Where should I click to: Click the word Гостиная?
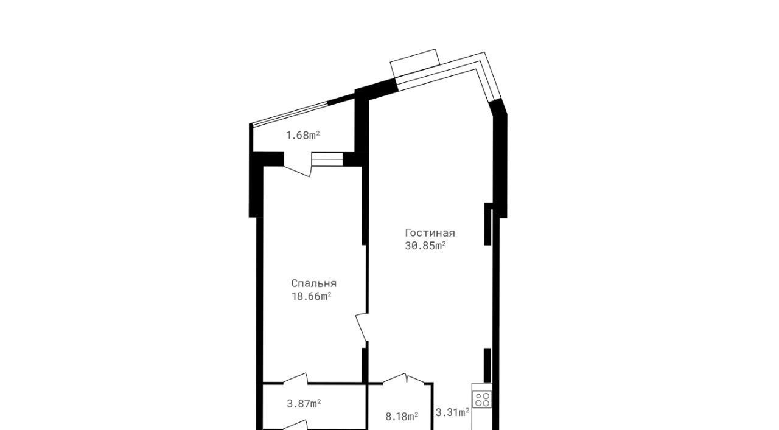pyautogui.click(x=430, y=233)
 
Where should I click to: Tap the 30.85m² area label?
pyautogui.click(x=425, y=246)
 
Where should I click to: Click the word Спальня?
pyautogui.click(x=313, y=283)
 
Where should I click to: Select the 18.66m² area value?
pyautogui.click(x=311, y=297)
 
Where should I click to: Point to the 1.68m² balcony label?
pyautogui.click(x=302, y=135)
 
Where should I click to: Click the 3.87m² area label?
pyautogui.click(x=304, y=404)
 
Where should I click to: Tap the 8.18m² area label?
pyautogui.click(x=402, y=417)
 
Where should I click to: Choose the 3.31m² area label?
pyautogui.click(x=452, y=412)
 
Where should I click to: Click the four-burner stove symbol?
pyautogui.click(x=481, y=400)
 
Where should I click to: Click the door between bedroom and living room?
pyautogui.click(x=362, y=327)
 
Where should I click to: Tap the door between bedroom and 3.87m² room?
pyautogui.click(x=296, y=378)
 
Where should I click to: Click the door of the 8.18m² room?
pyautogui.click(x=404, y=378)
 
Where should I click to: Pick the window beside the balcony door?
pyautogui.click(x=327, y=159)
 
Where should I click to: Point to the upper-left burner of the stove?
pyautogui.click(x=478, y=396)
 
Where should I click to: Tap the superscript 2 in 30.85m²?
pyautogui.click(x=444, y=243)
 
